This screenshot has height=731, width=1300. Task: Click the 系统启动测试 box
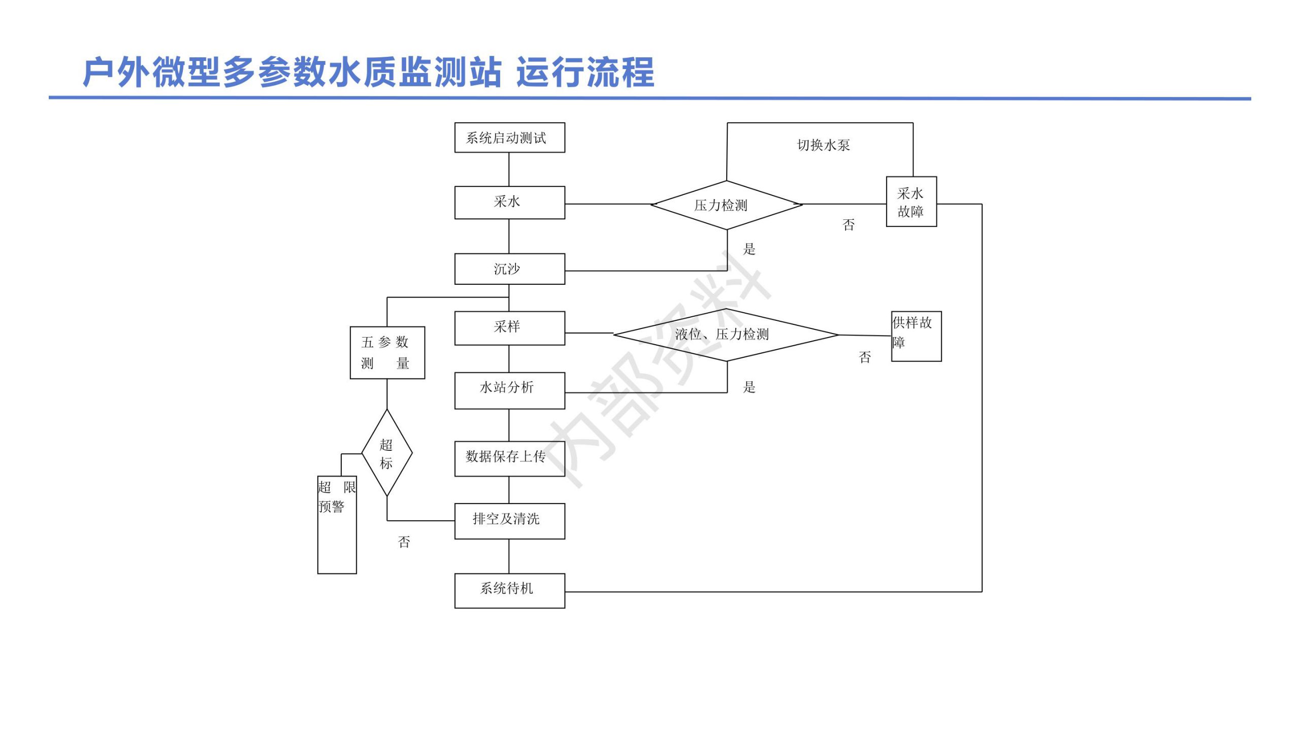tap(509, 138)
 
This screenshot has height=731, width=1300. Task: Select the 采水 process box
tap(509, 203)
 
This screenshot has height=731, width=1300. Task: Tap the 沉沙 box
tap(509, 269)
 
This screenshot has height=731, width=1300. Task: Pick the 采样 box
tap(509, 328)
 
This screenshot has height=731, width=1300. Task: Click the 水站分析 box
tap(509, 390)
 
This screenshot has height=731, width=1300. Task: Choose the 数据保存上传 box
tap(509, 458)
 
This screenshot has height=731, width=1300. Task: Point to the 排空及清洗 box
tap(509, 521)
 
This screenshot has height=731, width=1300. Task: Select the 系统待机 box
tap(509, 590)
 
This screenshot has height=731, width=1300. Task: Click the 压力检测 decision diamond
tap(727, 205)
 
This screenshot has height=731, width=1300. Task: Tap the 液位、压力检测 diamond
tap(726, 335)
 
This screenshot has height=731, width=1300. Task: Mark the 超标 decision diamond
tap(387, 453)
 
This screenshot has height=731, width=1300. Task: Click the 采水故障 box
tap(912, 202)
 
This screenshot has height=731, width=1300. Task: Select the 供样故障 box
tap(917, 336)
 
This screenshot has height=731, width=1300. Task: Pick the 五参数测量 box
tap(387, 352)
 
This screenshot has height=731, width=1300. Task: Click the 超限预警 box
tap(337, 525)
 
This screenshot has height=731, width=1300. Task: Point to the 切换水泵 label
tap(824, 145)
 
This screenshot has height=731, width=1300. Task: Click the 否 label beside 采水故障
tap(849, 225)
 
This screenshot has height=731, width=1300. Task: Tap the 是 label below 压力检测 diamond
tap(750, 249)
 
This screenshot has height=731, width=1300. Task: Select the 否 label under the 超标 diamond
tap(404, 542)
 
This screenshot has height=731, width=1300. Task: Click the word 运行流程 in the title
tap(586, 72)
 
